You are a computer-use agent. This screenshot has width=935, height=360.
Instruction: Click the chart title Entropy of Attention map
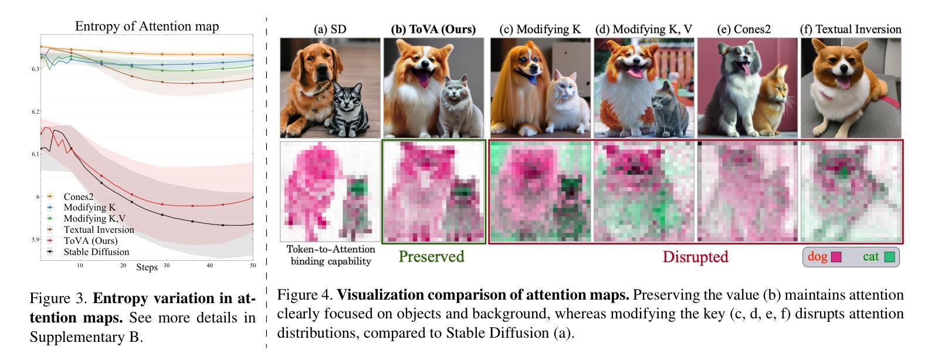click(147, 26)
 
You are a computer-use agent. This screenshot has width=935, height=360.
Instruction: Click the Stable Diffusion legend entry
click(96, 252)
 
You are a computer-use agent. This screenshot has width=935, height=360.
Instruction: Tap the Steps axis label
click(147, 267)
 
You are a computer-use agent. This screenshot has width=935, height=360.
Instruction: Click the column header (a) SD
click(330, 29)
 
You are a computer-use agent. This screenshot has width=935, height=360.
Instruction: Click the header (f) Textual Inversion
click(851, 29)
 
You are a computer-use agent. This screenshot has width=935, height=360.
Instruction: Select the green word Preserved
click(431, 257)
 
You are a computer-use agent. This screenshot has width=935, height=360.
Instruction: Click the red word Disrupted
click(695, 257)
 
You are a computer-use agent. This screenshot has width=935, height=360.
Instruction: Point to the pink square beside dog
click(836, 257)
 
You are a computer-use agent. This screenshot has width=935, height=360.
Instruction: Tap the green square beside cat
click(889, 257)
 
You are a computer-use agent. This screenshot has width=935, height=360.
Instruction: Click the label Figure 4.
click(304, 295)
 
